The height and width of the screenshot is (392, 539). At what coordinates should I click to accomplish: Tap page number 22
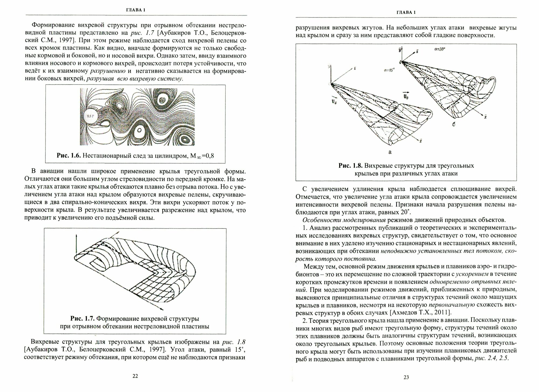(135, 376)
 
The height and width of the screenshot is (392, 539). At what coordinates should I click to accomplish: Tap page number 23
(406, 377)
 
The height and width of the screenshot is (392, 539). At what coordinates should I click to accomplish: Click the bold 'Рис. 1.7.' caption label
(82, 319)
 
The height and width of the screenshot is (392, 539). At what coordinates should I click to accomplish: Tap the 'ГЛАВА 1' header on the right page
(406, 12)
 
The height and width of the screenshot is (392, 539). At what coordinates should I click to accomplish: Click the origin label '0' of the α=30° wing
(400, 62)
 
